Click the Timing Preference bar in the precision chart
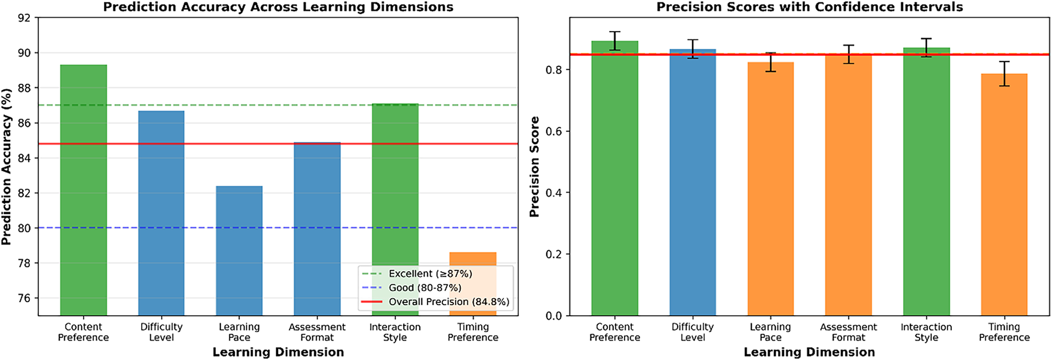tap(1004, 194)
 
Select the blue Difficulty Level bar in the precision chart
tap(693, 182)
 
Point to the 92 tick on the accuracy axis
tap(24, 18)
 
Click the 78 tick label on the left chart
tap(24, 263)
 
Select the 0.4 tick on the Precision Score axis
tap(554, 193)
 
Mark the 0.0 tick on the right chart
tap(554, 316)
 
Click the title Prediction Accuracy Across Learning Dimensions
tap(278, 7)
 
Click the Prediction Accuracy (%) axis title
tap(7, 166)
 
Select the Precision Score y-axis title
tap(534, 166)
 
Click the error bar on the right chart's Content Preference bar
tap(615, 41)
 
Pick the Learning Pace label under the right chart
tap(770, 332)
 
